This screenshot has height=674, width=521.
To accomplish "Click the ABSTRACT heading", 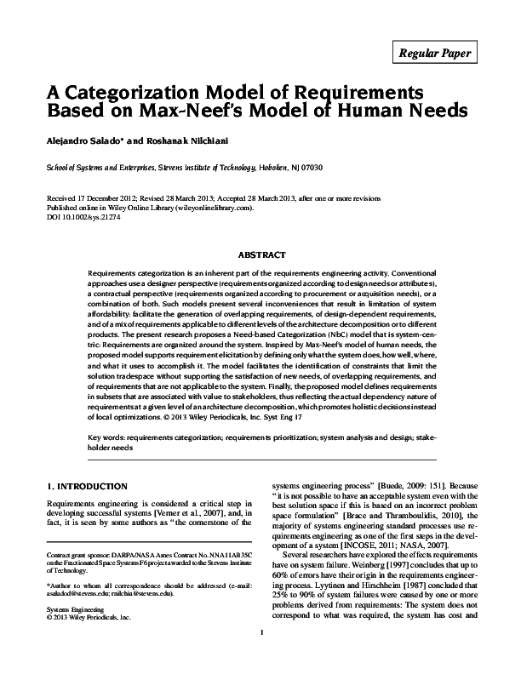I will click(x=260, y=253).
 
